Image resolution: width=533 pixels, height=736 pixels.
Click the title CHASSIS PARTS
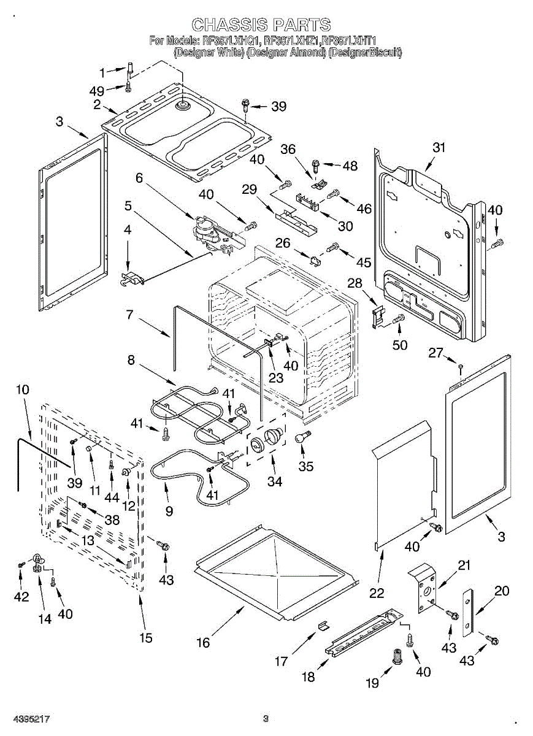[x=261, y=25]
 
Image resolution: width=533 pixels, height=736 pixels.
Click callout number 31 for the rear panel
[x=438, y=148]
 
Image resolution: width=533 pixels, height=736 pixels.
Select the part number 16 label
[x=202, y=642]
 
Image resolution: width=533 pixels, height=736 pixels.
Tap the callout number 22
[x=377, y=592]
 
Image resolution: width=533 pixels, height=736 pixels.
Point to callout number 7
[x=129, y=315]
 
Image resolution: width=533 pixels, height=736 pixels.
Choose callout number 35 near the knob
[x=305, y=466]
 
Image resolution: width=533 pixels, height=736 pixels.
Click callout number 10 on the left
[x=22, y=389]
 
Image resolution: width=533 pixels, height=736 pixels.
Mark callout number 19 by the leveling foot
[x=372, y=683]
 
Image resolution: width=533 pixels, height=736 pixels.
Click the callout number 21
[x=464, y=565]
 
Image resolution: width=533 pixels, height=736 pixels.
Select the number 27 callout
[x=435, y=353]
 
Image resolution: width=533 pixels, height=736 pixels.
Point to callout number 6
[x=139, y=178]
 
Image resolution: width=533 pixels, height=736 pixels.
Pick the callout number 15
[x=145, y=637]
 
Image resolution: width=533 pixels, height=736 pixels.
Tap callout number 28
[x=355, y=283]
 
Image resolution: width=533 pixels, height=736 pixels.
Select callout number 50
[x=399, y=345]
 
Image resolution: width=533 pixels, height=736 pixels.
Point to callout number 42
[x=21, y=596]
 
